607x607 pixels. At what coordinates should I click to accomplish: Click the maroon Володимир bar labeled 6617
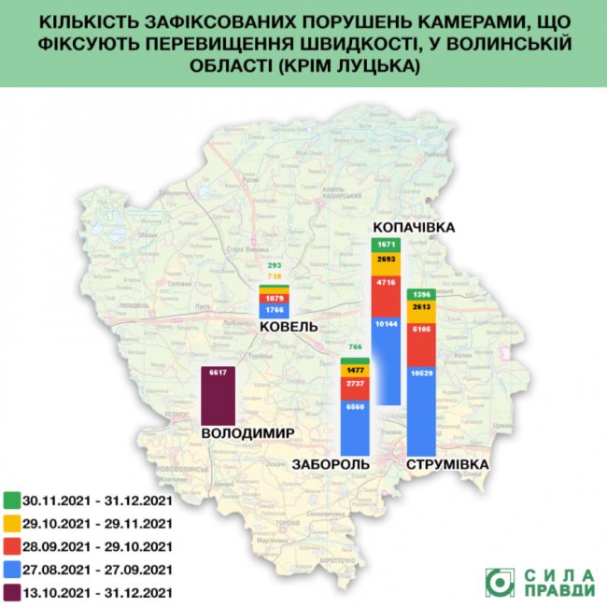(x=219, y=396)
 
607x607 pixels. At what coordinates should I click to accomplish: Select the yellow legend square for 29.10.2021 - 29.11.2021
(x=13, y=523)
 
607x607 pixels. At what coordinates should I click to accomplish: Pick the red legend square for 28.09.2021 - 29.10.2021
(x=13, y=546)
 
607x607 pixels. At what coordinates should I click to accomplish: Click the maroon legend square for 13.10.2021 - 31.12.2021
(x=13, y=592)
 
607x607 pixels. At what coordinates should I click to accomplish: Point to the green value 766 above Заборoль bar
(x=354, y=347)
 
